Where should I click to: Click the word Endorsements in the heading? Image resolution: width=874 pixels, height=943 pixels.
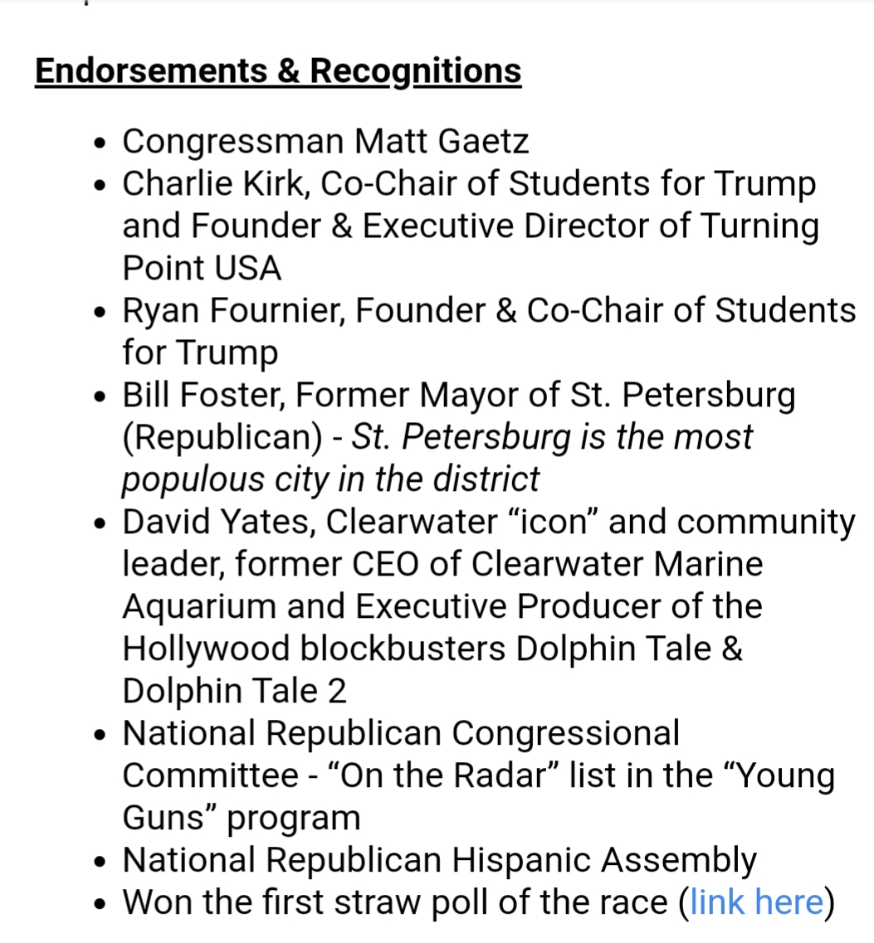150,70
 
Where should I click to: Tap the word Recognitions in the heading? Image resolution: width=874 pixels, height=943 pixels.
416,70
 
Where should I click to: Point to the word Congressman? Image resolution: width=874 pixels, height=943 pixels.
233,142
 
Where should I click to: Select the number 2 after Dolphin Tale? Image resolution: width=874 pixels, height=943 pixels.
337,691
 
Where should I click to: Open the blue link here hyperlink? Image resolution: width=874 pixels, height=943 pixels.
756,902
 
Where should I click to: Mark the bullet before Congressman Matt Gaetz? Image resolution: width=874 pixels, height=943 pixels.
100,143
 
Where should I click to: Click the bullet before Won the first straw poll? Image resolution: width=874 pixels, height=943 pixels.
100,904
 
